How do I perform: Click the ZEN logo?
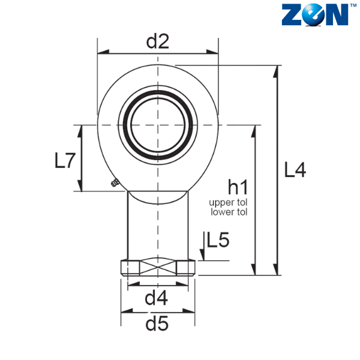click(x=318, y=14)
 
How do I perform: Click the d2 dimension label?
click(x=158, y=41)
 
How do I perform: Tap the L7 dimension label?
click(x=65, y=161)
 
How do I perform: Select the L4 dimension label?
click(x=295, y=170)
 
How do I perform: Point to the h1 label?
click(x=238, y=187)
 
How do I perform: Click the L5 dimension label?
click(x=218, y=239)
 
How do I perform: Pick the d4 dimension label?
click(x=157, y=298)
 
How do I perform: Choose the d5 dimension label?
click(x=157, y=323)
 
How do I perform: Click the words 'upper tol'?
click(x=228, y=203)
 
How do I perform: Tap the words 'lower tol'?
click(x=229, y=212)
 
